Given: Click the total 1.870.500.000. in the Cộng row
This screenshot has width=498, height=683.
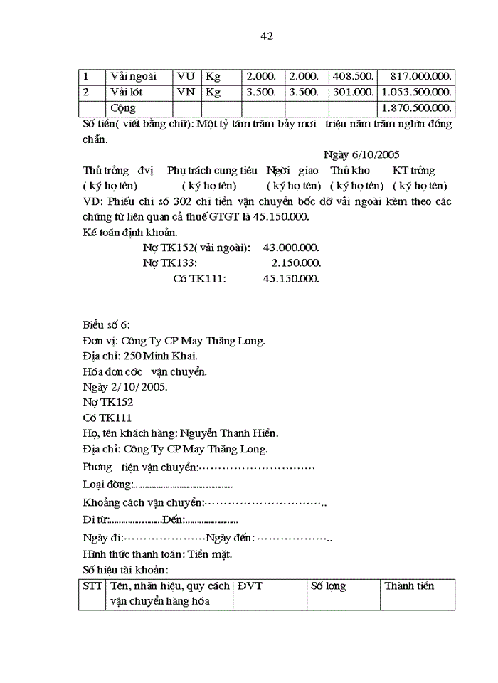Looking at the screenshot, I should (x=416, y=108).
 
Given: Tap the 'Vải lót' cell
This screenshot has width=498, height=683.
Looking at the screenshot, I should (x=127, y=92).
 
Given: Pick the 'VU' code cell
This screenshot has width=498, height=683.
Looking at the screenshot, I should (x=186, y=76).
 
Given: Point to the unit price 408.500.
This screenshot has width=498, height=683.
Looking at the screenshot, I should (x=354, y=76).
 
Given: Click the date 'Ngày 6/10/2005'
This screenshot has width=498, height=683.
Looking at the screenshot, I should (x=361, y=154).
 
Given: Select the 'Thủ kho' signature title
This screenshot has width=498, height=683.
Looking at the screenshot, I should (x=350, y=171).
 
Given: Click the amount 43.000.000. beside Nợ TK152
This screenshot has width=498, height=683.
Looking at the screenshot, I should (x=291, y=248).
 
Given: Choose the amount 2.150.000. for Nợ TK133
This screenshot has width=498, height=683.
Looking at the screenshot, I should (x=296, y=263).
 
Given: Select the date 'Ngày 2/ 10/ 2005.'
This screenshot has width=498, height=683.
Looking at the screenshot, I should (x=124, y=387).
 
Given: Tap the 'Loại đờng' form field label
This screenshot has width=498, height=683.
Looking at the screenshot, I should (x=107, y=485).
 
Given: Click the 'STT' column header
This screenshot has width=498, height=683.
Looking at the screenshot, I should (x=92, y=586).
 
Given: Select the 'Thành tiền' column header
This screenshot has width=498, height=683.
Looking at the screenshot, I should (x=409, y=586).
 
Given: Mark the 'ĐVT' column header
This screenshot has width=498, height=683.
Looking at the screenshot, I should (x=250, y=586).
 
